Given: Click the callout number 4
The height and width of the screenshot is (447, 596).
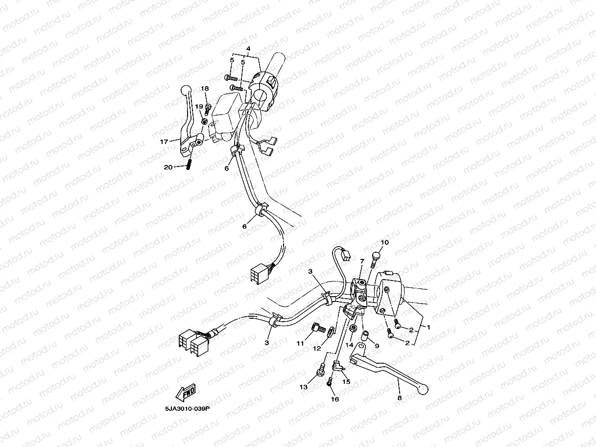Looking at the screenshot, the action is point(248,49).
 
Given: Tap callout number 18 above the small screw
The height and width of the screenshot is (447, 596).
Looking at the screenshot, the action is point(205,89).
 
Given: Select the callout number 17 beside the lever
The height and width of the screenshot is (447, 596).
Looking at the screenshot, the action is point(164,141).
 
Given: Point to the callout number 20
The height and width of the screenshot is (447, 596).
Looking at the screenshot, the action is point(168,167).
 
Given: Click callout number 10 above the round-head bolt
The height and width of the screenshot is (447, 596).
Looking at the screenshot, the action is point(385,242).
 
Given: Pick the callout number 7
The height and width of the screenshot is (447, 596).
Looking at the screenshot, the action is point(362,261).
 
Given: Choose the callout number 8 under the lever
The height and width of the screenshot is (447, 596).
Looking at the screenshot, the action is point(400,398).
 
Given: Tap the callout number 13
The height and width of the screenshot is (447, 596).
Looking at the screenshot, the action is point(304,387).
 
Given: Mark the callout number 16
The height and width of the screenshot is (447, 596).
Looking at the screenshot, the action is point(335,399).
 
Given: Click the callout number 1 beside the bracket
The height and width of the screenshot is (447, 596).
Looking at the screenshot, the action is point(429,328).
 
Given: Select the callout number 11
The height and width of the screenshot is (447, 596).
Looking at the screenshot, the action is point(300,344).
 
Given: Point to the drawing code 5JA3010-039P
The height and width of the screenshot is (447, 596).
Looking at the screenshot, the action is point(188,409).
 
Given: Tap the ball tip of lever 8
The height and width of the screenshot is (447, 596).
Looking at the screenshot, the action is point(423,390).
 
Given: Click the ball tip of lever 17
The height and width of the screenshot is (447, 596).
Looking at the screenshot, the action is point(186,90).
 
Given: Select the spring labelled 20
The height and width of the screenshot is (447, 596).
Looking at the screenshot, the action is point(188,164).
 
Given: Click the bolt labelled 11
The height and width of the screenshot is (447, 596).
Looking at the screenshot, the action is point(319,328).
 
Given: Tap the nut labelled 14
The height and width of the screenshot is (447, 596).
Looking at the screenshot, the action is point(354,328).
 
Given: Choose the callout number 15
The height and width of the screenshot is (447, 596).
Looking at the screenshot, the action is point(346,381).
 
